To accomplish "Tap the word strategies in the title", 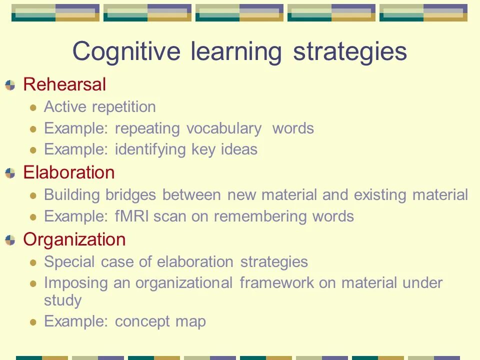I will pyautogui.click(x=350, y=51).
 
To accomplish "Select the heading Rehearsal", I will pyautogui.click(x=64, y=84).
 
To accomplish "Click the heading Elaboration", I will pyautogui.click(x=69, y=172).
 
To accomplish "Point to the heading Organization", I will pyautogui.click(x=74, y=239).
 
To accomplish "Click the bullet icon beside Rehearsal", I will pyautogui.click(x=10, y=85).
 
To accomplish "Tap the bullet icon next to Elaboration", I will pyautogui.click(x=10, y=173).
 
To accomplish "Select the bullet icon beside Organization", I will pyautogui.click(x=10, y=240).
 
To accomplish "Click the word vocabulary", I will pyautogui.click(x=224, y=128).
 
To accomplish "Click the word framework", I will pyautogui.click(x=276, y=283).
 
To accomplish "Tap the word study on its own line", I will pyautogui.click(x=62, y=300).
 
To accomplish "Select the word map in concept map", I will pyautogui.click(x=190, y=321).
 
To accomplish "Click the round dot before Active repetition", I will pyautogui.click(x=33, y=107).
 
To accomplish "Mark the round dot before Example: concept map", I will pyautogui.click(x=33, y=322).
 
